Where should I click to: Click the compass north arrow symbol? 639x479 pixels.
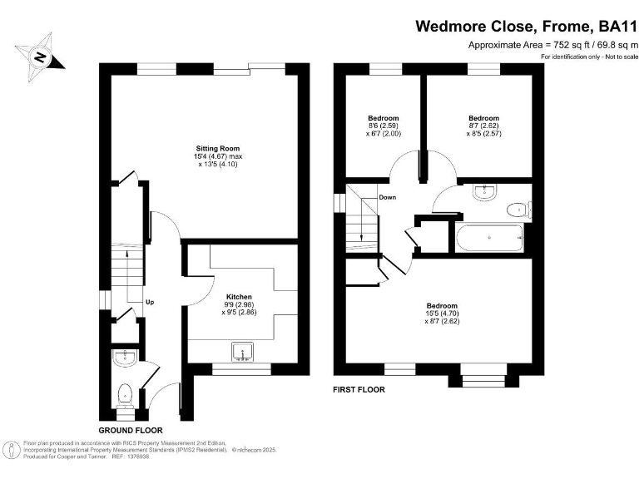tap(37, 57)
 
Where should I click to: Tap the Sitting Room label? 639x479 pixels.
tap(206, 147)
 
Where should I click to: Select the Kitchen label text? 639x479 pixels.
tap(239, 296)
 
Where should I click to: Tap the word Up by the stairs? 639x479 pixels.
tap(149, 302)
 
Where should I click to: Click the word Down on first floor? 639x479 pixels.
tap(387, 197)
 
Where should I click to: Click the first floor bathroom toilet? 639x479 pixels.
tap(518, 209)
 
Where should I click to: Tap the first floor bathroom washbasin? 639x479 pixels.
tap(483, 193)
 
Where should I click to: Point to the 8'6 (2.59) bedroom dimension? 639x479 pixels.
tap(383, 125)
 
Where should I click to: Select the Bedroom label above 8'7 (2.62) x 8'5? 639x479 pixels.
tap(483, 117)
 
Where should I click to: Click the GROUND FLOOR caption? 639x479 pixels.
tap(125, 430)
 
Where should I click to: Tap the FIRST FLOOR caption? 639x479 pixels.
tap(359, 388)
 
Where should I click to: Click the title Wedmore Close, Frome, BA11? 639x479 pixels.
tap(526, 26)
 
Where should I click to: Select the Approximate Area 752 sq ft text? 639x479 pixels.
tap(552, 45)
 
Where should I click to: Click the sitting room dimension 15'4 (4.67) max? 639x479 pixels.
tap(206, 156)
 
